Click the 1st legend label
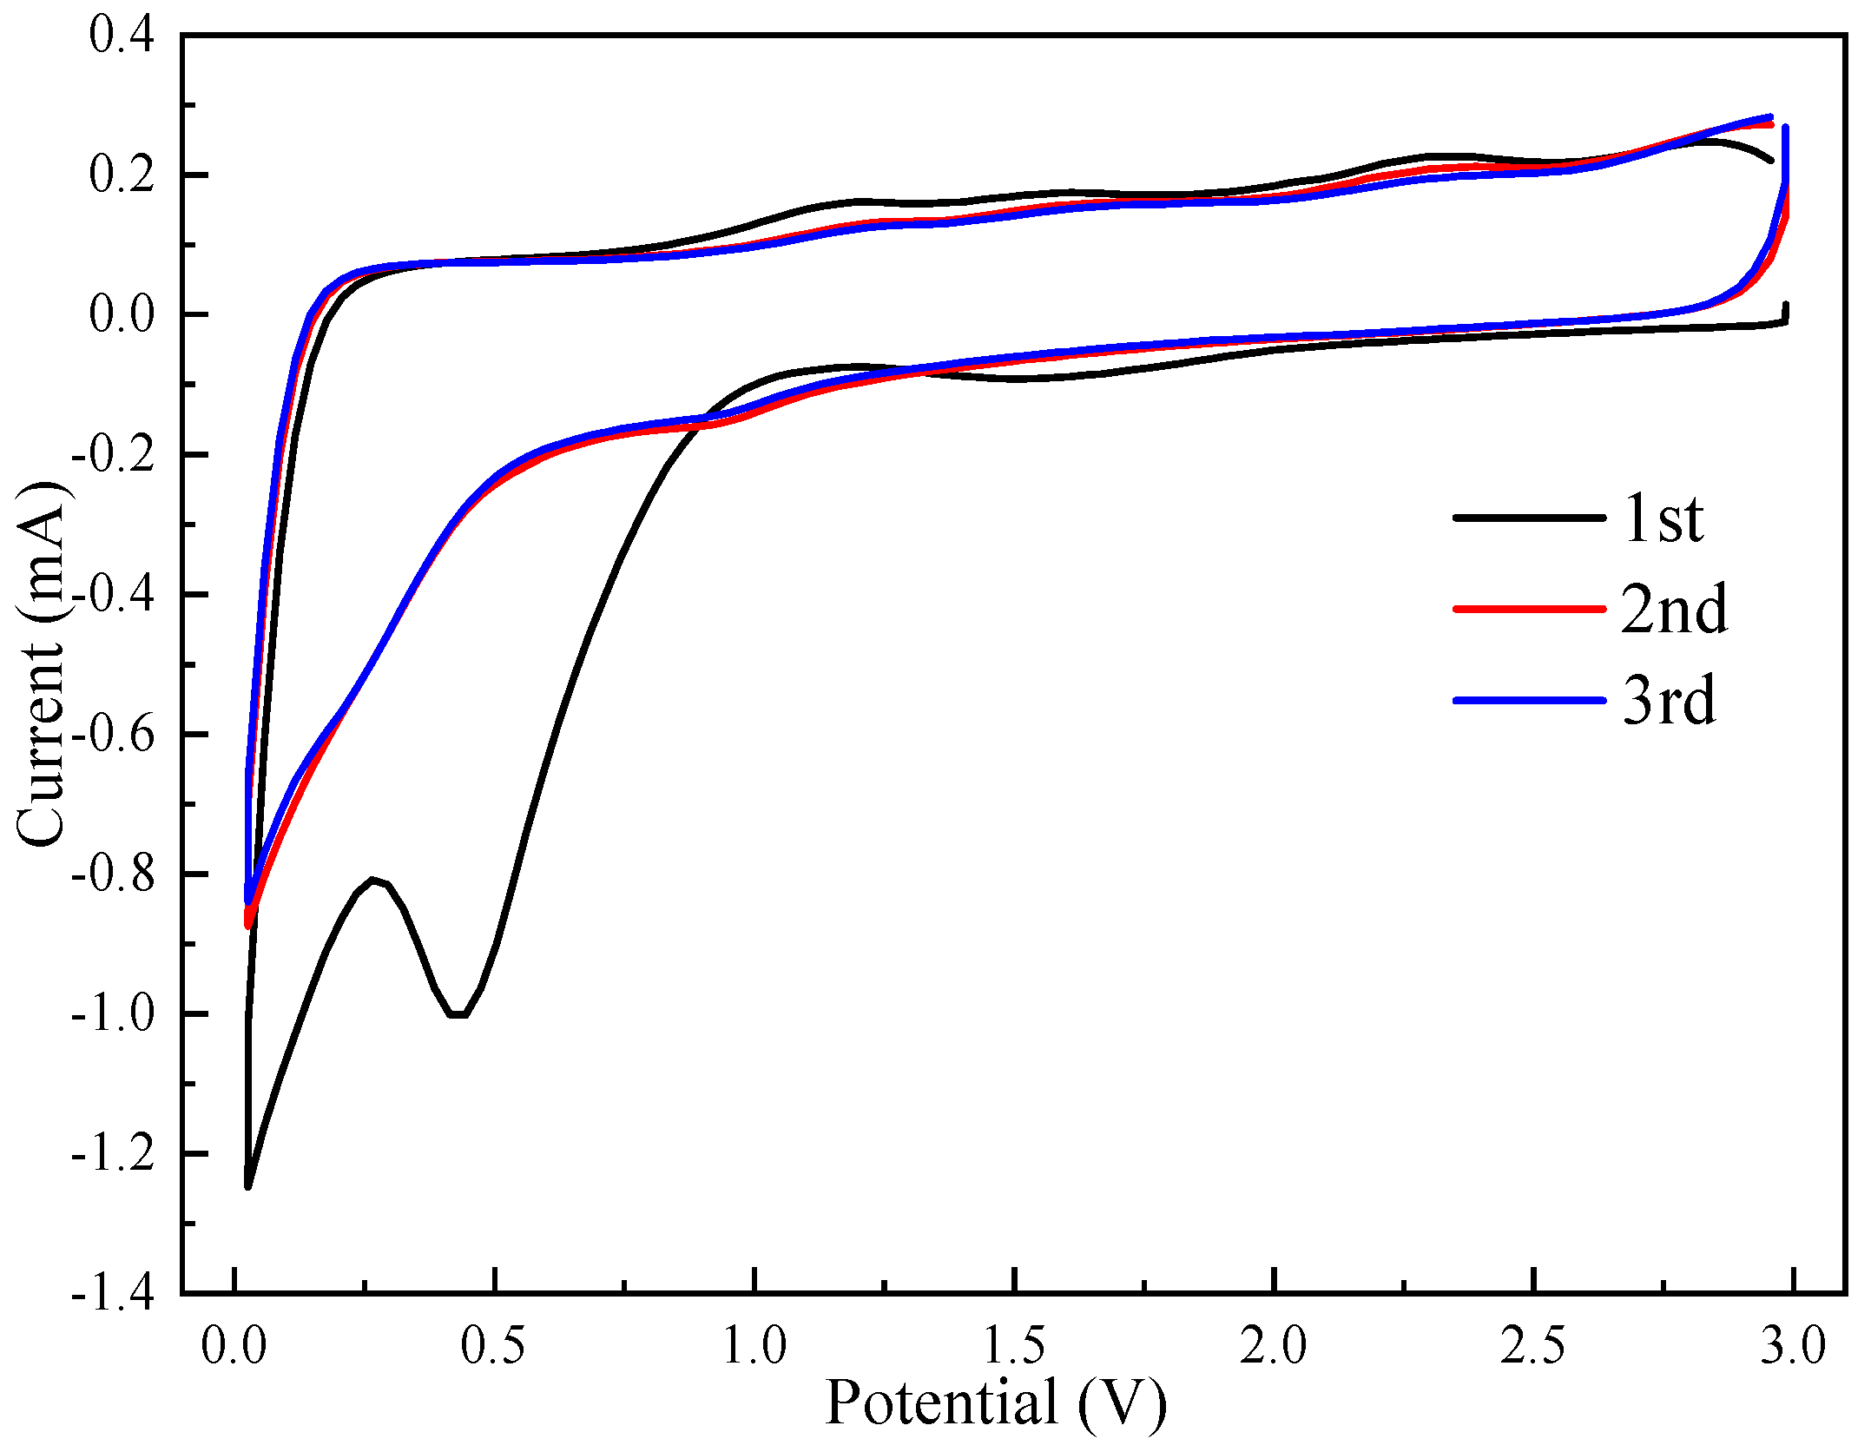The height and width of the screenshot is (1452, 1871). [x=1663, y=518]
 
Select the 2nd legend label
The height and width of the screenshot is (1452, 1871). [x=1674, y=610]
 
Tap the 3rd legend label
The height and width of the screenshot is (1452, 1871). [x=1669, y=701]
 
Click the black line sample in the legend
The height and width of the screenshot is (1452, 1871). [x=1529, y=518]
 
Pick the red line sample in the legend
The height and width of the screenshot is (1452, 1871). [x=1529, y=610]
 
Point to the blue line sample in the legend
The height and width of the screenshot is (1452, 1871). [x=1529, y=701]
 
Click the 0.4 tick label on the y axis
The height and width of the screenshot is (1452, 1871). [x=122, y=36]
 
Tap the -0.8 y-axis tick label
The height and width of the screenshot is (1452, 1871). [x=113, y=874]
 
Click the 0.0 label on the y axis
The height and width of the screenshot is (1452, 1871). [x=122, y=315]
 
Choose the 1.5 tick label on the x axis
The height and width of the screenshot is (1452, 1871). [x=1013, y=1347]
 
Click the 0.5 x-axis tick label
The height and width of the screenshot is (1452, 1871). [x=493, y=1347]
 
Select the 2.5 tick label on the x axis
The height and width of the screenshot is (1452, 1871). [x=1533, y=1347]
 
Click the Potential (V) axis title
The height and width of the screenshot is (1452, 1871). [x=996, y=1403]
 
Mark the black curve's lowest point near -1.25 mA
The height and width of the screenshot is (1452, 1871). [x=248, y=1185]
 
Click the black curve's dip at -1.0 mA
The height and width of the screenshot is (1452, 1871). [x=458, y=1013]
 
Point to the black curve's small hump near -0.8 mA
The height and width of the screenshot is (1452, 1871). [x=373, y=880]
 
